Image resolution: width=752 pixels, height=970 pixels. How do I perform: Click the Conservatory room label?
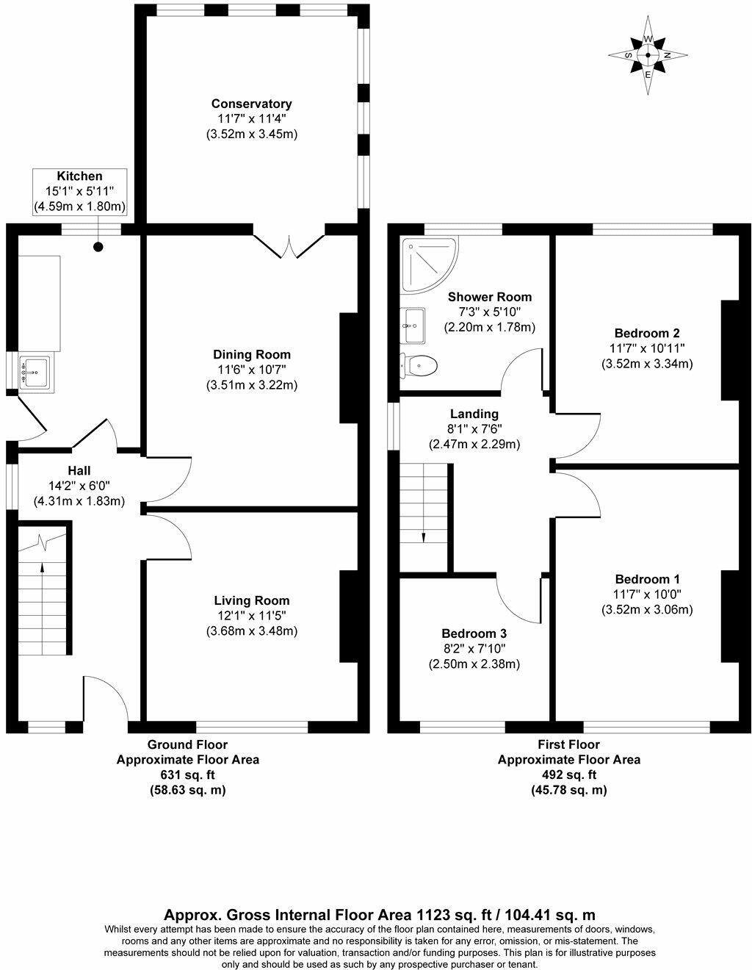(x=252, y=104)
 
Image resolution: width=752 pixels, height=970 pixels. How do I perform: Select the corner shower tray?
(x=429, y=265)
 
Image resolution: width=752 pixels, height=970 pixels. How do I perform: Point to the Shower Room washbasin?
(x=413, y=326)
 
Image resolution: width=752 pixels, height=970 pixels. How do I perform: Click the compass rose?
(x=648, y=55)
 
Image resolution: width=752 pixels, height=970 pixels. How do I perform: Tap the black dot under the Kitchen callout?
(x=98, y=246)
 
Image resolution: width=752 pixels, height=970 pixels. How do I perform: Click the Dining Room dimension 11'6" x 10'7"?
(x=252, y=369)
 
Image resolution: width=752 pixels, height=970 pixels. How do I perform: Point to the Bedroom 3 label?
(x=474, y=633)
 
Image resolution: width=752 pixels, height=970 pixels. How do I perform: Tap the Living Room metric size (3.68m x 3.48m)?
(x=252, y=630)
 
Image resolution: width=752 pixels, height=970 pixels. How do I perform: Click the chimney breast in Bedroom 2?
(x=730, y=350)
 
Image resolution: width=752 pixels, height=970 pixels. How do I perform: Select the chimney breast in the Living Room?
(x=349, y=616)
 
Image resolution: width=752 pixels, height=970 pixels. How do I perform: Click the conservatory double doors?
(x=289, y=246)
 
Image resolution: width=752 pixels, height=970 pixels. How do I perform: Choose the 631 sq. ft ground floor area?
(x=188, y=775)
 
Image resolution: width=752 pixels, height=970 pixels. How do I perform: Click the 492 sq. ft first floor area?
(x=568, y=775)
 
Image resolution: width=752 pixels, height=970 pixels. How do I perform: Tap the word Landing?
(x=474, y=414)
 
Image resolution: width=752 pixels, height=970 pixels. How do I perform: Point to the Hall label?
(x=79, y=470)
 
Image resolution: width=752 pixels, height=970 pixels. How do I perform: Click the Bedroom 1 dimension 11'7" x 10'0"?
(x=647, y=594)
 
